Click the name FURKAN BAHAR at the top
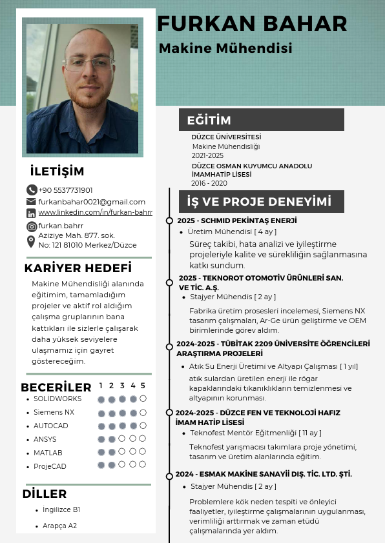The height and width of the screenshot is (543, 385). [252, 24]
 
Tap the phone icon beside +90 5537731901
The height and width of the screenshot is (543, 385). [32, 190]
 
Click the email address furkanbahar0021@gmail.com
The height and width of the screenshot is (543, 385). [92, 202]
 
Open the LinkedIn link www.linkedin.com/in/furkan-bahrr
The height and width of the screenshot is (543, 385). [95, 212]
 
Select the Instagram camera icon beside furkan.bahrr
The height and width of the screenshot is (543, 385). [32, 226]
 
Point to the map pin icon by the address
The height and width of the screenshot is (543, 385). [31, 241]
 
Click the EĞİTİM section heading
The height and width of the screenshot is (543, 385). [209, 120]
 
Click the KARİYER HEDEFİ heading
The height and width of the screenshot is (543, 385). [78, 268]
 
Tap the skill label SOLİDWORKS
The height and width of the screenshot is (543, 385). [57, 399]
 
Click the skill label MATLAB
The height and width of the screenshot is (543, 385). [48, 453]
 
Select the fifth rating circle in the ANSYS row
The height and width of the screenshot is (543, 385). [143, 439]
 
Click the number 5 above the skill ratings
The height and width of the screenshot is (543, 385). [143, 386]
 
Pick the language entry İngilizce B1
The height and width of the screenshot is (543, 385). [61, 509]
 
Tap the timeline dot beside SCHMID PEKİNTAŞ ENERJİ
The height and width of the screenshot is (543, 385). [169, 221]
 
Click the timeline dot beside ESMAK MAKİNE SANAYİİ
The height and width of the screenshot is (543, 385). [169, 475]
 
